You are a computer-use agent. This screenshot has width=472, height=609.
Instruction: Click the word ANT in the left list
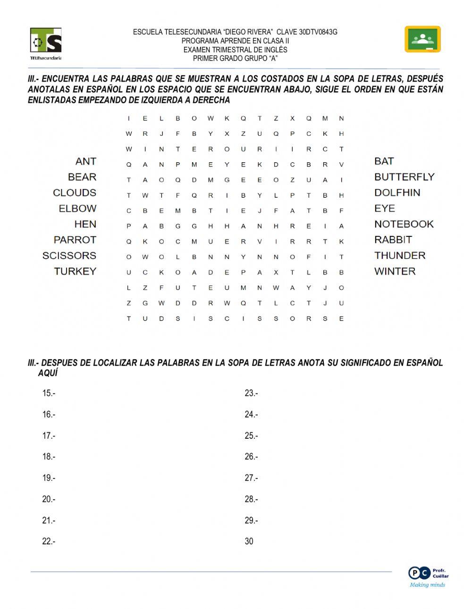pos(85,161)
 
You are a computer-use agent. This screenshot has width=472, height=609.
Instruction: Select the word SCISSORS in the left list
pos(69,256)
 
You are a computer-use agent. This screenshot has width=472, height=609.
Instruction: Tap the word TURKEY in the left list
pos(75,271)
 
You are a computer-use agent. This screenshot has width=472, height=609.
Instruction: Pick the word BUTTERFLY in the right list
pos(404,177)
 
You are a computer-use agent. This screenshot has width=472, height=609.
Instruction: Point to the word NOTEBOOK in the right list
pos(404,224)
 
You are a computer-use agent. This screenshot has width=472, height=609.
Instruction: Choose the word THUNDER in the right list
pos(400,256)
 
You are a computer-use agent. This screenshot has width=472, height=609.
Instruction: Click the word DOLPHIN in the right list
pos(397,192)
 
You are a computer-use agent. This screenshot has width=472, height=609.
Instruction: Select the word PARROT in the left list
pos(75,240)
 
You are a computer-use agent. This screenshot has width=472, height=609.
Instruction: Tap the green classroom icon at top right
pos(422,39)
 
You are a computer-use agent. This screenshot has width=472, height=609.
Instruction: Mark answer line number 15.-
pos(49,393)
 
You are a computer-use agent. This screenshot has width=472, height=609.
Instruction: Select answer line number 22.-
pos(49,542)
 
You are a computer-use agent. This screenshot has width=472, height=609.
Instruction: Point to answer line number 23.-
pos(251,393)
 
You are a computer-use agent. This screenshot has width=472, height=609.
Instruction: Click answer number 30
pos(249,542)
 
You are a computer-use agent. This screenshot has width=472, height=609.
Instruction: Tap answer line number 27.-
pos(251,478)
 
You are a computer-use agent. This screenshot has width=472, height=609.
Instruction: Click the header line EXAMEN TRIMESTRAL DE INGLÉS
pos(235,50)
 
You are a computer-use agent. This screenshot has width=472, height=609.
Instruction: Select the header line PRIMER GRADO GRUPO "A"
pos(235,58)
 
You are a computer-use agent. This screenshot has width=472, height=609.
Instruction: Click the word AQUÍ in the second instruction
pos(48,373)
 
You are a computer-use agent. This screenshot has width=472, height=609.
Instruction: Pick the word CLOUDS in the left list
pos(75,192)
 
